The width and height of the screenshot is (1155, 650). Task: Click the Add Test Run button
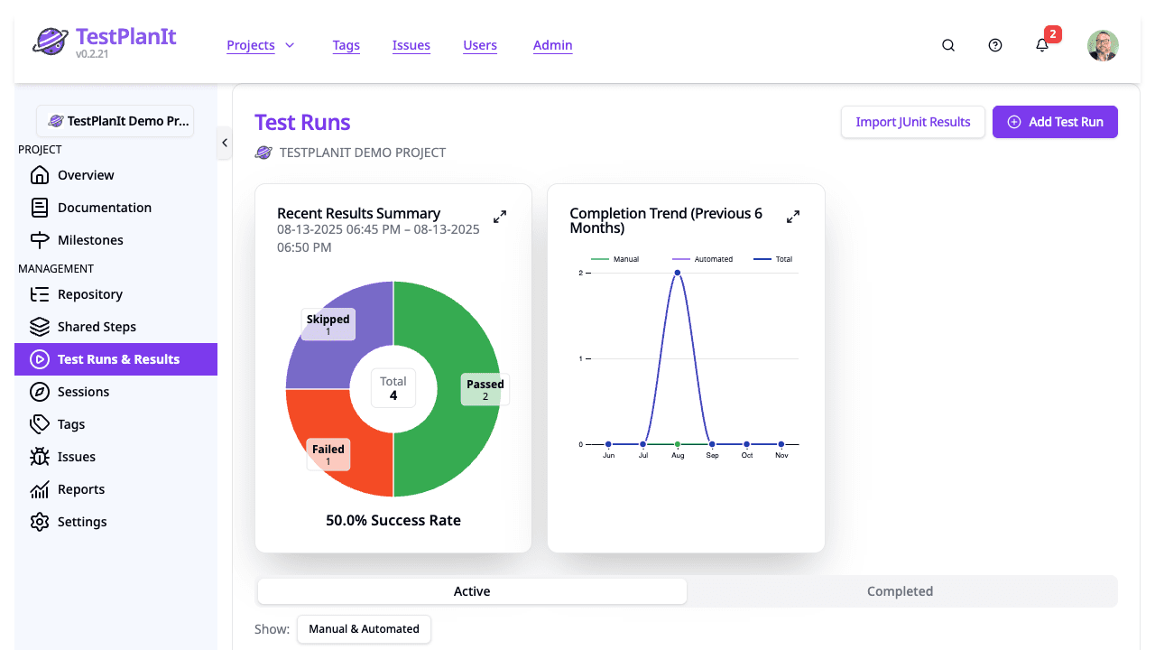coord(1055,122)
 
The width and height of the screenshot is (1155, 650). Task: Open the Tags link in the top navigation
coord(346,45)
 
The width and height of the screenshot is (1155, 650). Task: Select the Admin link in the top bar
coord(552,45)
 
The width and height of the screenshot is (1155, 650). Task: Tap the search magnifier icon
coord(948,45)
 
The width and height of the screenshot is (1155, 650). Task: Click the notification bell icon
coord(1042,45)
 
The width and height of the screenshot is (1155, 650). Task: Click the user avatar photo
coord(1103,45)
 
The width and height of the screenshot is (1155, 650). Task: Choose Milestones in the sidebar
coord(90,240)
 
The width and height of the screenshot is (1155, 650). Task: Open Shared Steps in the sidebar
coord(97,327)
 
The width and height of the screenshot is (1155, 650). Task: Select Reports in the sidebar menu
coord(81,489)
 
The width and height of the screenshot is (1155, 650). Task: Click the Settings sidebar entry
coord(82,522)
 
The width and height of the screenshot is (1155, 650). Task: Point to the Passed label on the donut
coord(485,389)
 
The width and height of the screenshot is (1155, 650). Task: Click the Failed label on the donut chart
coord(328,454)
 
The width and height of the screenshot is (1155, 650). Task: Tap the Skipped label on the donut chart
coord(328,324)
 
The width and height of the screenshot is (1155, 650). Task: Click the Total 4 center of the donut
coord(393,388)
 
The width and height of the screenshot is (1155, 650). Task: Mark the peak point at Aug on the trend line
coord(678,273)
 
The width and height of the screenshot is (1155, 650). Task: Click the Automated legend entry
coord(704,259)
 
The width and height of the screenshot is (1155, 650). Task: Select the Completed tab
coord(900,591)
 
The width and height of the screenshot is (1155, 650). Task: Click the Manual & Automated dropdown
coord(364,629)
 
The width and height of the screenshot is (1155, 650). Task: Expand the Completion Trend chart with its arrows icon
coord(793,217)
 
